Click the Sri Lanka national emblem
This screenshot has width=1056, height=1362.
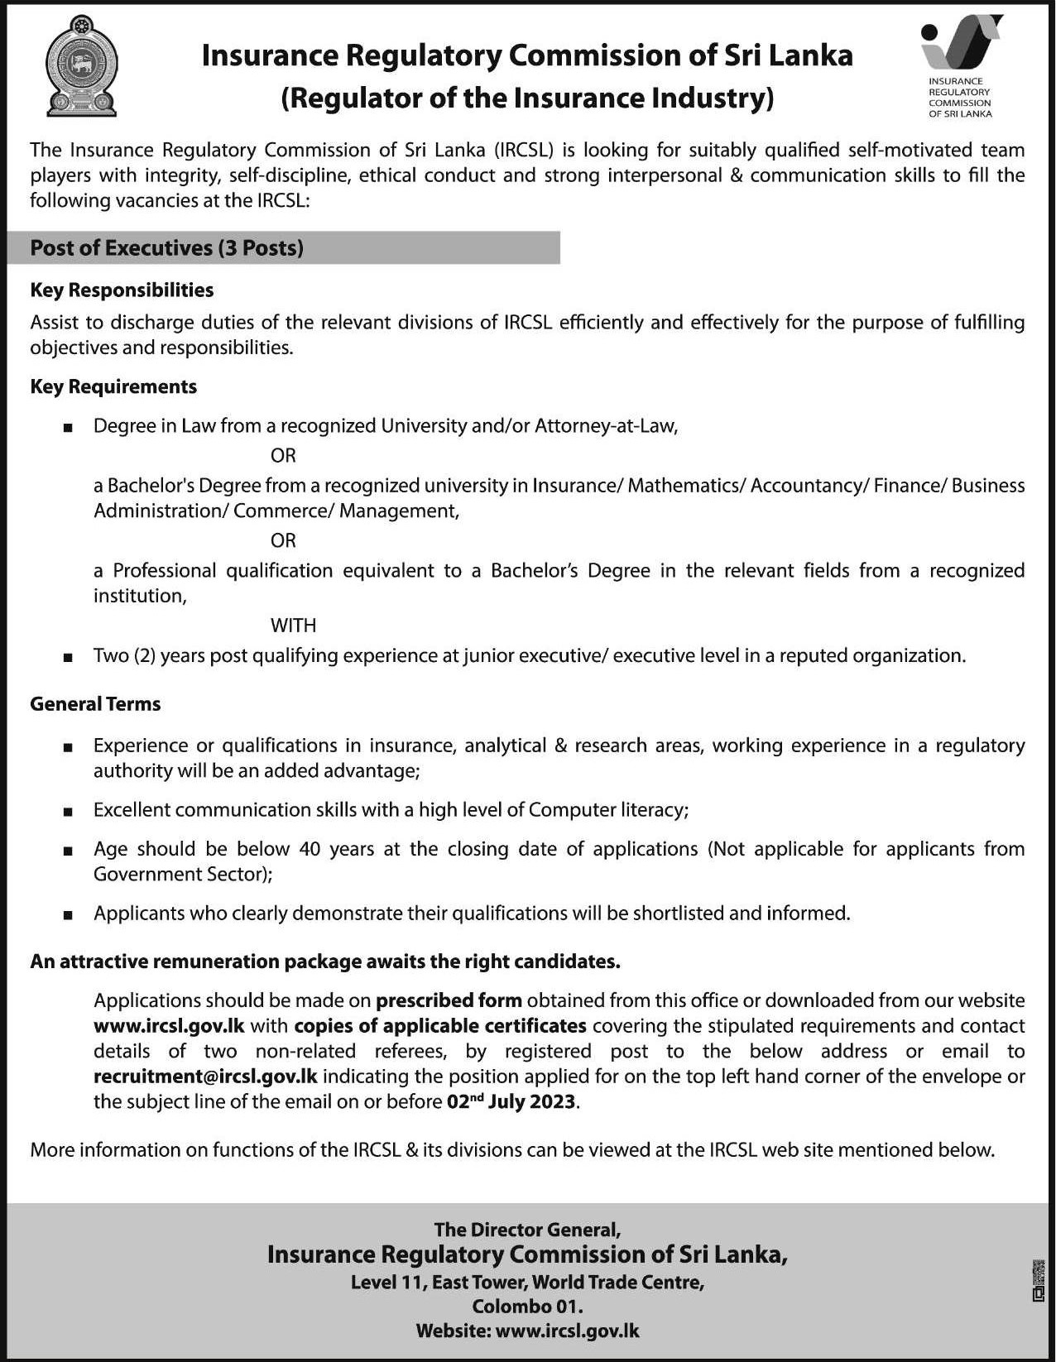pyautogui.click(x=80, y=68)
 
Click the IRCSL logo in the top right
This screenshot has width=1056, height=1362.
pyautogui.click(x=961, y=66)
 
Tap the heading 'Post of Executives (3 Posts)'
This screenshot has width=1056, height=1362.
pyautogui.click(x=166, y=247)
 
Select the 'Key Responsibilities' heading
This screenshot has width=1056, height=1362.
pyautogui.click(x=122, y=290)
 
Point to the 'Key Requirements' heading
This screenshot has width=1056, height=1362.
pyautogui.click(x=113, y=386)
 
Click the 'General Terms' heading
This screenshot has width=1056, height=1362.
pyautogui.click(x=95, y=703)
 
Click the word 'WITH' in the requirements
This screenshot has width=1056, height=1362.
pyautogui.click(x=293, y=626)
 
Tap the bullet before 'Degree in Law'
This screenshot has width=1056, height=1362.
pyautogui.click(x=68, y=428)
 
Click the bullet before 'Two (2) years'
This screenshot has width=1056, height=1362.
pyautogui.click(x=68, y=657)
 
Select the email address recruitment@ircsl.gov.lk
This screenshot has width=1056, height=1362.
pyautogui.click(x=205, y=1077)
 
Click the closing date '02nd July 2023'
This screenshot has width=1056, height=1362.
pyautogui.click(x=511, y=1101)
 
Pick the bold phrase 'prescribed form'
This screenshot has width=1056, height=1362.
pyautogui.click(x=449, y=1000)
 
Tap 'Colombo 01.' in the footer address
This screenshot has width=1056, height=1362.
pyautogui.click(x=527, y=1307)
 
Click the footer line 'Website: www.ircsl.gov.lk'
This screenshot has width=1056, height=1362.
pyautogui.click(x=527, y=1331)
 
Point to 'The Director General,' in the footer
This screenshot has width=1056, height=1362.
pyautogui.click(x=527, y=1230)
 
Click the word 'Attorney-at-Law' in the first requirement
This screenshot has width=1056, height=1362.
pyautogui.click(x=606, y=426)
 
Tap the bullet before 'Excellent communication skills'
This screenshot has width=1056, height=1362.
pyautogui.click(x=68, y=811)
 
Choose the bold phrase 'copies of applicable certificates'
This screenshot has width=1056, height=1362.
pyautogui.click(x=440, y=1026)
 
